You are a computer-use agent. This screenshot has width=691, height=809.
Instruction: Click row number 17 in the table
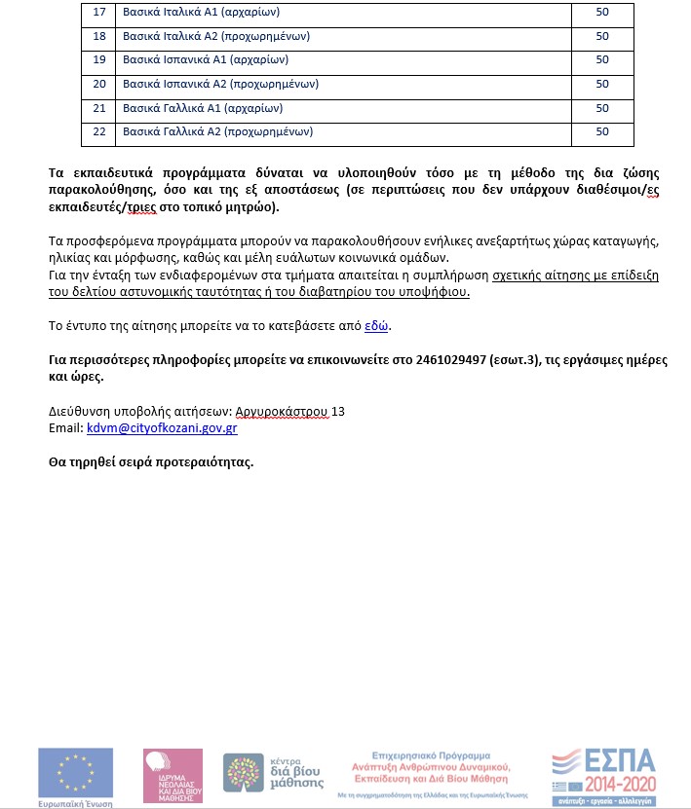coord(98,14)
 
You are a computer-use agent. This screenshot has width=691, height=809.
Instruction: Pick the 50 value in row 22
coord(601,131)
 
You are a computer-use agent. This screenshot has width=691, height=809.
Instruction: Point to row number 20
coord(98,85)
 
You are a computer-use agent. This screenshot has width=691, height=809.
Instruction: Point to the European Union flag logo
coord(74,772)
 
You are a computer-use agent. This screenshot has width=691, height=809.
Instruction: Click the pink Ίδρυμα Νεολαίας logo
coord(173,776)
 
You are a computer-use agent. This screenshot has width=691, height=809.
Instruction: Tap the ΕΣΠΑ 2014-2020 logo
coord(603,776)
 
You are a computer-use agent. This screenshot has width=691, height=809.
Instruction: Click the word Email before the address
coord(64,427)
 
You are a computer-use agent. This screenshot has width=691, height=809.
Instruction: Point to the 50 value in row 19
coord(601,60)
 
